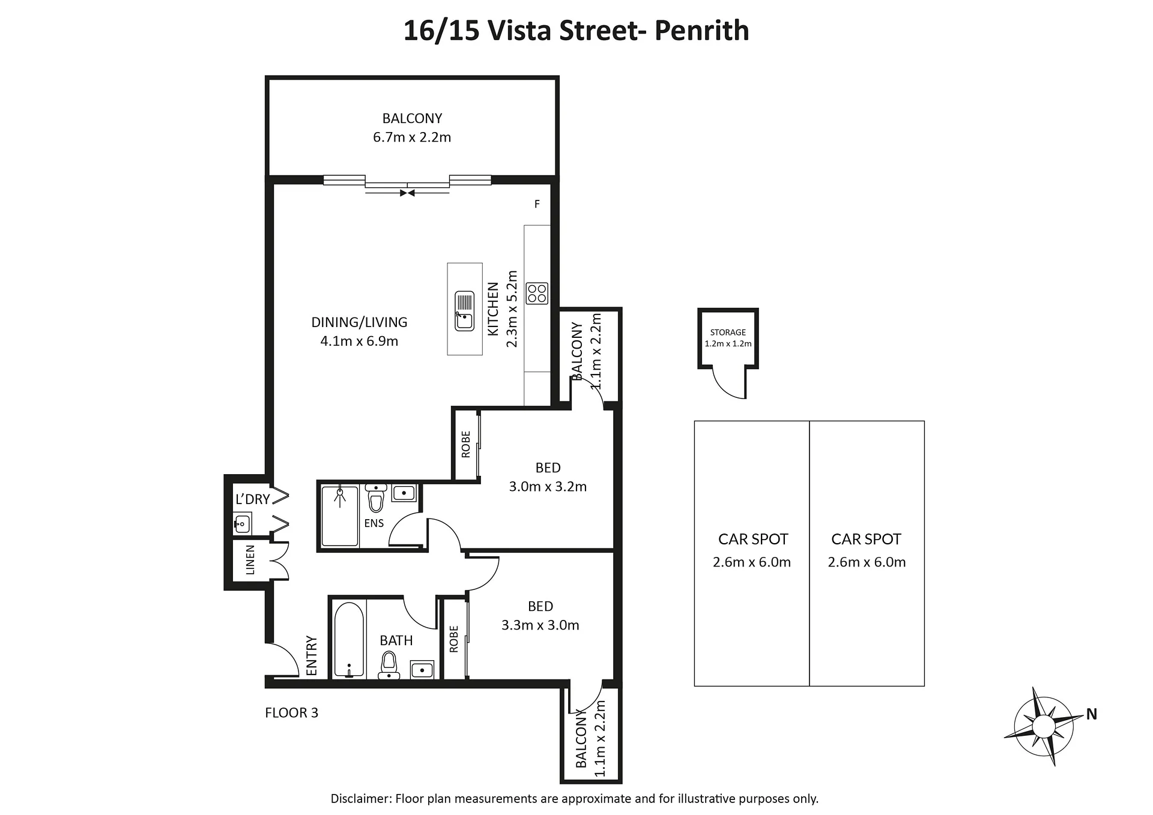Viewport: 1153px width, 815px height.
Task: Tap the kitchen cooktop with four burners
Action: (x=537, y=293)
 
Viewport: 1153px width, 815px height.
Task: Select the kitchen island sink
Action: (x=464, y=311)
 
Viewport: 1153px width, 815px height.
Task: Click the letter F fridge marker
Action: (x=537, y=204)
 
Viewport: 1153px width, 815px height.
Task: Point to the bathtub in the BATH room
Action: (x=348, y=640)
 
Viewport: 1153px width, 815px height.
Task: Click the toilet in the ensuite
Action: (x=376, y=498)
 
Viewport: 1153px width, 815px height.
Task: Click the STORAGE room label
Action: (x=728, y=332)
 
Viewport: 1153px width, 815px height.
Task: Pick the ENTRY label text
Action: (x=312, y=656)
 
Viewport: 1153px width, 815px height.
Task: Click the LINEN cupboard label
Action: (x=250, y=560)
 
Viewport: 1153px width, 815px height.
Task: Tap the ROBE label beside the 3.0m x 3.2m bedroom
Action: (x=466, y=445)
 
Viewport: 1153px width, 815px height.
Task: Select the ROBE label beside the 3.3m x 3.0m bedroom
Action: (x=453, y=639)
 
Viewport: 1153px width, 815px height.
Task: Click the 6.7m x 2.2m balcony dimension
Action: (x=412, y=137)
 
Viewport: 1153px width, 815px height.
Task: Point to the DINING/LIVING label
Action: (x=359, y=322)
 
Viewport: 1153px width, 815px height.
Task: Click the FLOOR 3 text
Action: (x=292, y=713)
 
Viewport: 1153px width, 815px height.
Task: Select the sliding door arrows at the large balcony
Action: (x=408, y=193)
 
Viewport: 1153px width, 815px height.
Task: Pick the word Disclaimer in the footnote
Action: (x=360, y=799)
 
